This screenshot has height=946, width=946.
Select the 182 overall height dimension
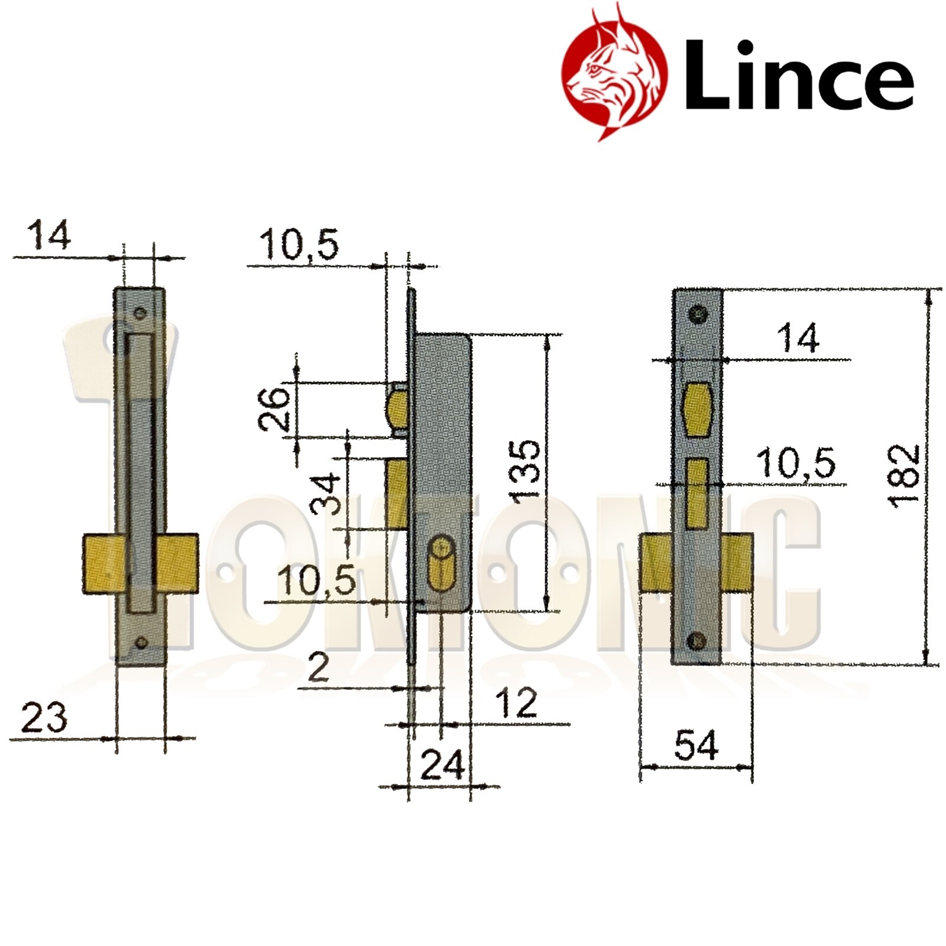(905, 477)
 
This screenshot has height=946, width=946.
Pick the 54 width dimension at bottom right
(696, 746)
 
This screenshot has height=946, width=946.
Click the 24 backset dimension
(442, 766)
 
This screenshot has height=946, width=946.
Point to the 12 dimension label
(516, 703)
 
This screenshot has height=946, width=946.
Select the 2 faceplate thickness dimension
(319, 669)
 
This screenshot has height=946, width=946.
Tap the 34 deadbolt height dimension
(326, 494)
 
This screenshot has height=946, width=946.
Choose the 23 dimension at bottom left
(44, 719)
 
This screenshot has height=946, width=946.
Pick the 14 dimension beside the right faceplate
(798, 339)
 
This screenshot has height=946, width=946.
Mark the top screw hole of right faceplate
(698, 315)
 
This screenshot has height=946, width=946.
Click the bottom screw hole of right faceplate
(698, 640)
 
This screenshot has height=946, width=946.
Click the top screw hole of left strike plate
(140, 314)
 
